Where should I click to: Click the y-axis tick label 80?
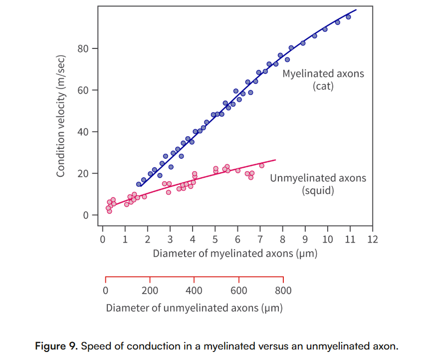(83, 49)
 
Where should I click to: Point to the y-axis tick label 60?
(83, 90)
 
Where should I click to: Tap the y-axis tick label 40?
(83, 132)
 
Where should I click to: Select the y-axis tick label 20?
(83, 174)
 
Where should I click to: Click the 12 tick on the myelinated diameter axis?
(372, 239)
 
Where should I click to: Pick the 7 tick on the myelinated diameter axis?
(260, 239)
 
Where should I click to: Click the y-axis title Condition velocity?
(61, 116)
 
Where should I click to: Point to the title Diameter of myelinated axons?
(235, 253)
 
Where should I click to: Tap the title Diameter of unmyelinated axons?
(194, 308)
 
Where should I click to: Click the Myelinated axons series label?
(323, 74)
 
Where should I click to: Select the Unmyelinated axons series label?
(318, 178)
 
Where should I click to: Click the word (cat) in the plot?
(323, 86)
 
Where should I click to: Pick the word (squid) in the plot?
(318, 190)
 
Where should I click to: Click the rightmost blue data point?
(348, 17)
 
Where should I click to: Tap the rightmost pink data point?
(261, 165)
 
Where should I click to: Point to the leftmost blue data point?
(139, 184)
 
